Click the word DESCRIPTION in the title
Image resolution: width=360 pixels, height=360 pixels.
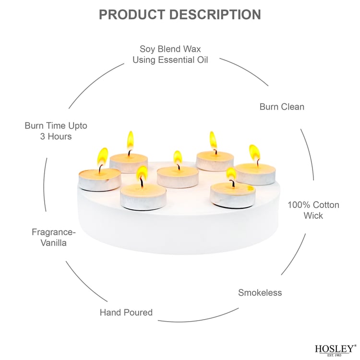coord(219,14)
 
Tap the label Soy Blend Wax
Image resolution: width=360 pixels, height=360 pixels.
coord(170,49)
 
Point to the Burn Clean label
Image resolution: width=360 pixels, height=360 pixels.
coord(282,107)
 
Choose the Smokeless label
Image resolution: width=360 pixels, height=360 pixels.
coord(260,292)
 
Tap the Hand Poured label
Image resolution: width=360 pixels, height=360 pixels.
coord(126,312)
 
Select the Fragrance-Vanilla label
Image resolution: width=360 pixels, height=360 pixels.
coord(53,237)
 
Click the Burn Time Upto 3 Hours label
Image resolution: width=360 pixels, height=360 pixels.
coord(56,131)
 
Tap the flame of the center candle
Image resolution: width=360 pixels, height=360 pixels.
coord(178,158)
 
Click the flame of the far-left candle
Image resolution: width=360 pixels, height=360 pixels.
coord(102,156)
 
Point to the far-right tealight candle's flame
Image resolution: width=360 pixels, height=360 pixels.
coord(254,153)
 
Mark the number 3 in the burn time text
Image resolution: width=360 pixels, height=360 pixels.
coord(43,137)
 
